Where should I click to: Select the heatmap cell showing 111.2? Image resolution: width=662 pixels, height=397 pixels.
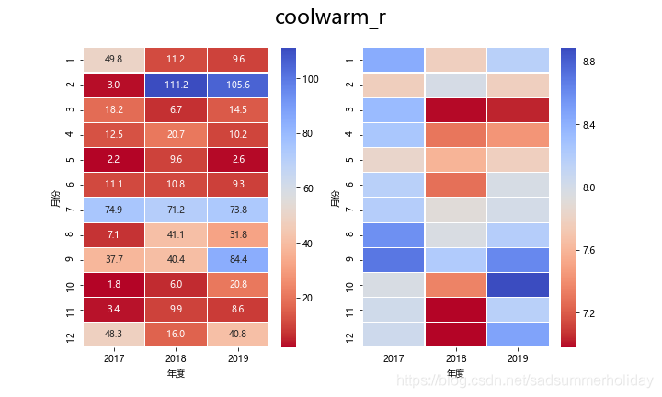pyautogui.click(x=177, y=85)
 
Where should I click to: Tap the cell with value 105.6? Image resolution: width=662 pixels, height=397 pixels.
pyautogui.click(x=238, y=85)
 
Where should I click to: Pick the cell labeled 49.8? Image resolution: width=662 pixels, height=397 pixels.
pyautogui.click(x=114, y=59)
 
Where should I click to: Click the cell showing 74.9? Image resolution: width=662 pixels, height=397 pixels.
pyautogui.click(x=114, y=210)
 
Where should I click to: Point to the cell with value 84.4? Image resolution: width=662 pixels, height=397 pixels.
pyautogui.click(x=238, y=260)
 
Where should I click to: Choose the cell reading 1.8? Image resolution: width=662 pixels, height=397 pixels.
pyautogui.click(x=114, y=285)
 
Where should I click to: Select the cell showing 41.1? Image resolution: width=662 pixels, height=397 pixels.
pyautogui.click(x=177, y=234)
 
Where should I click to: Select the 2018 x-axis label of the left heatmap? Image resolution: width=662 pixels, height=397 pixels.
pyautogui.click(x=177, y=359)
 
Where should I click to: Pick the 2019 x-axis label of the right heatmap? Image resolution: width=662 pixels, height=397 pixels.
pyautogui.click(x=518, y=359)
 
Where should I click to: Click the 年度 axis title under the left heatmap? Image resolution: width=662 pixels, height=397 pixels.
pyautogui.click(x=177, y=374)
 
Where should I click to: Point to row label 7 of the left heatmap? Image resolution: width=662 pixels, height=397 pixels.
pyautogui.click(x=71, y=210)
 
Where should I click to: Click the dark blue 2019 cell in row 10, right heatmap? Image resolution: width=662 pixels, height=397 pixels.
pyautogui.click(x=518, y=285)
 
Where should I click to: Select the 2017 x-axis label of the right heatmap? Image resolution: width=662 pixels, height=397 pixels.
pyautogui.click(x=394, y=359)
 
